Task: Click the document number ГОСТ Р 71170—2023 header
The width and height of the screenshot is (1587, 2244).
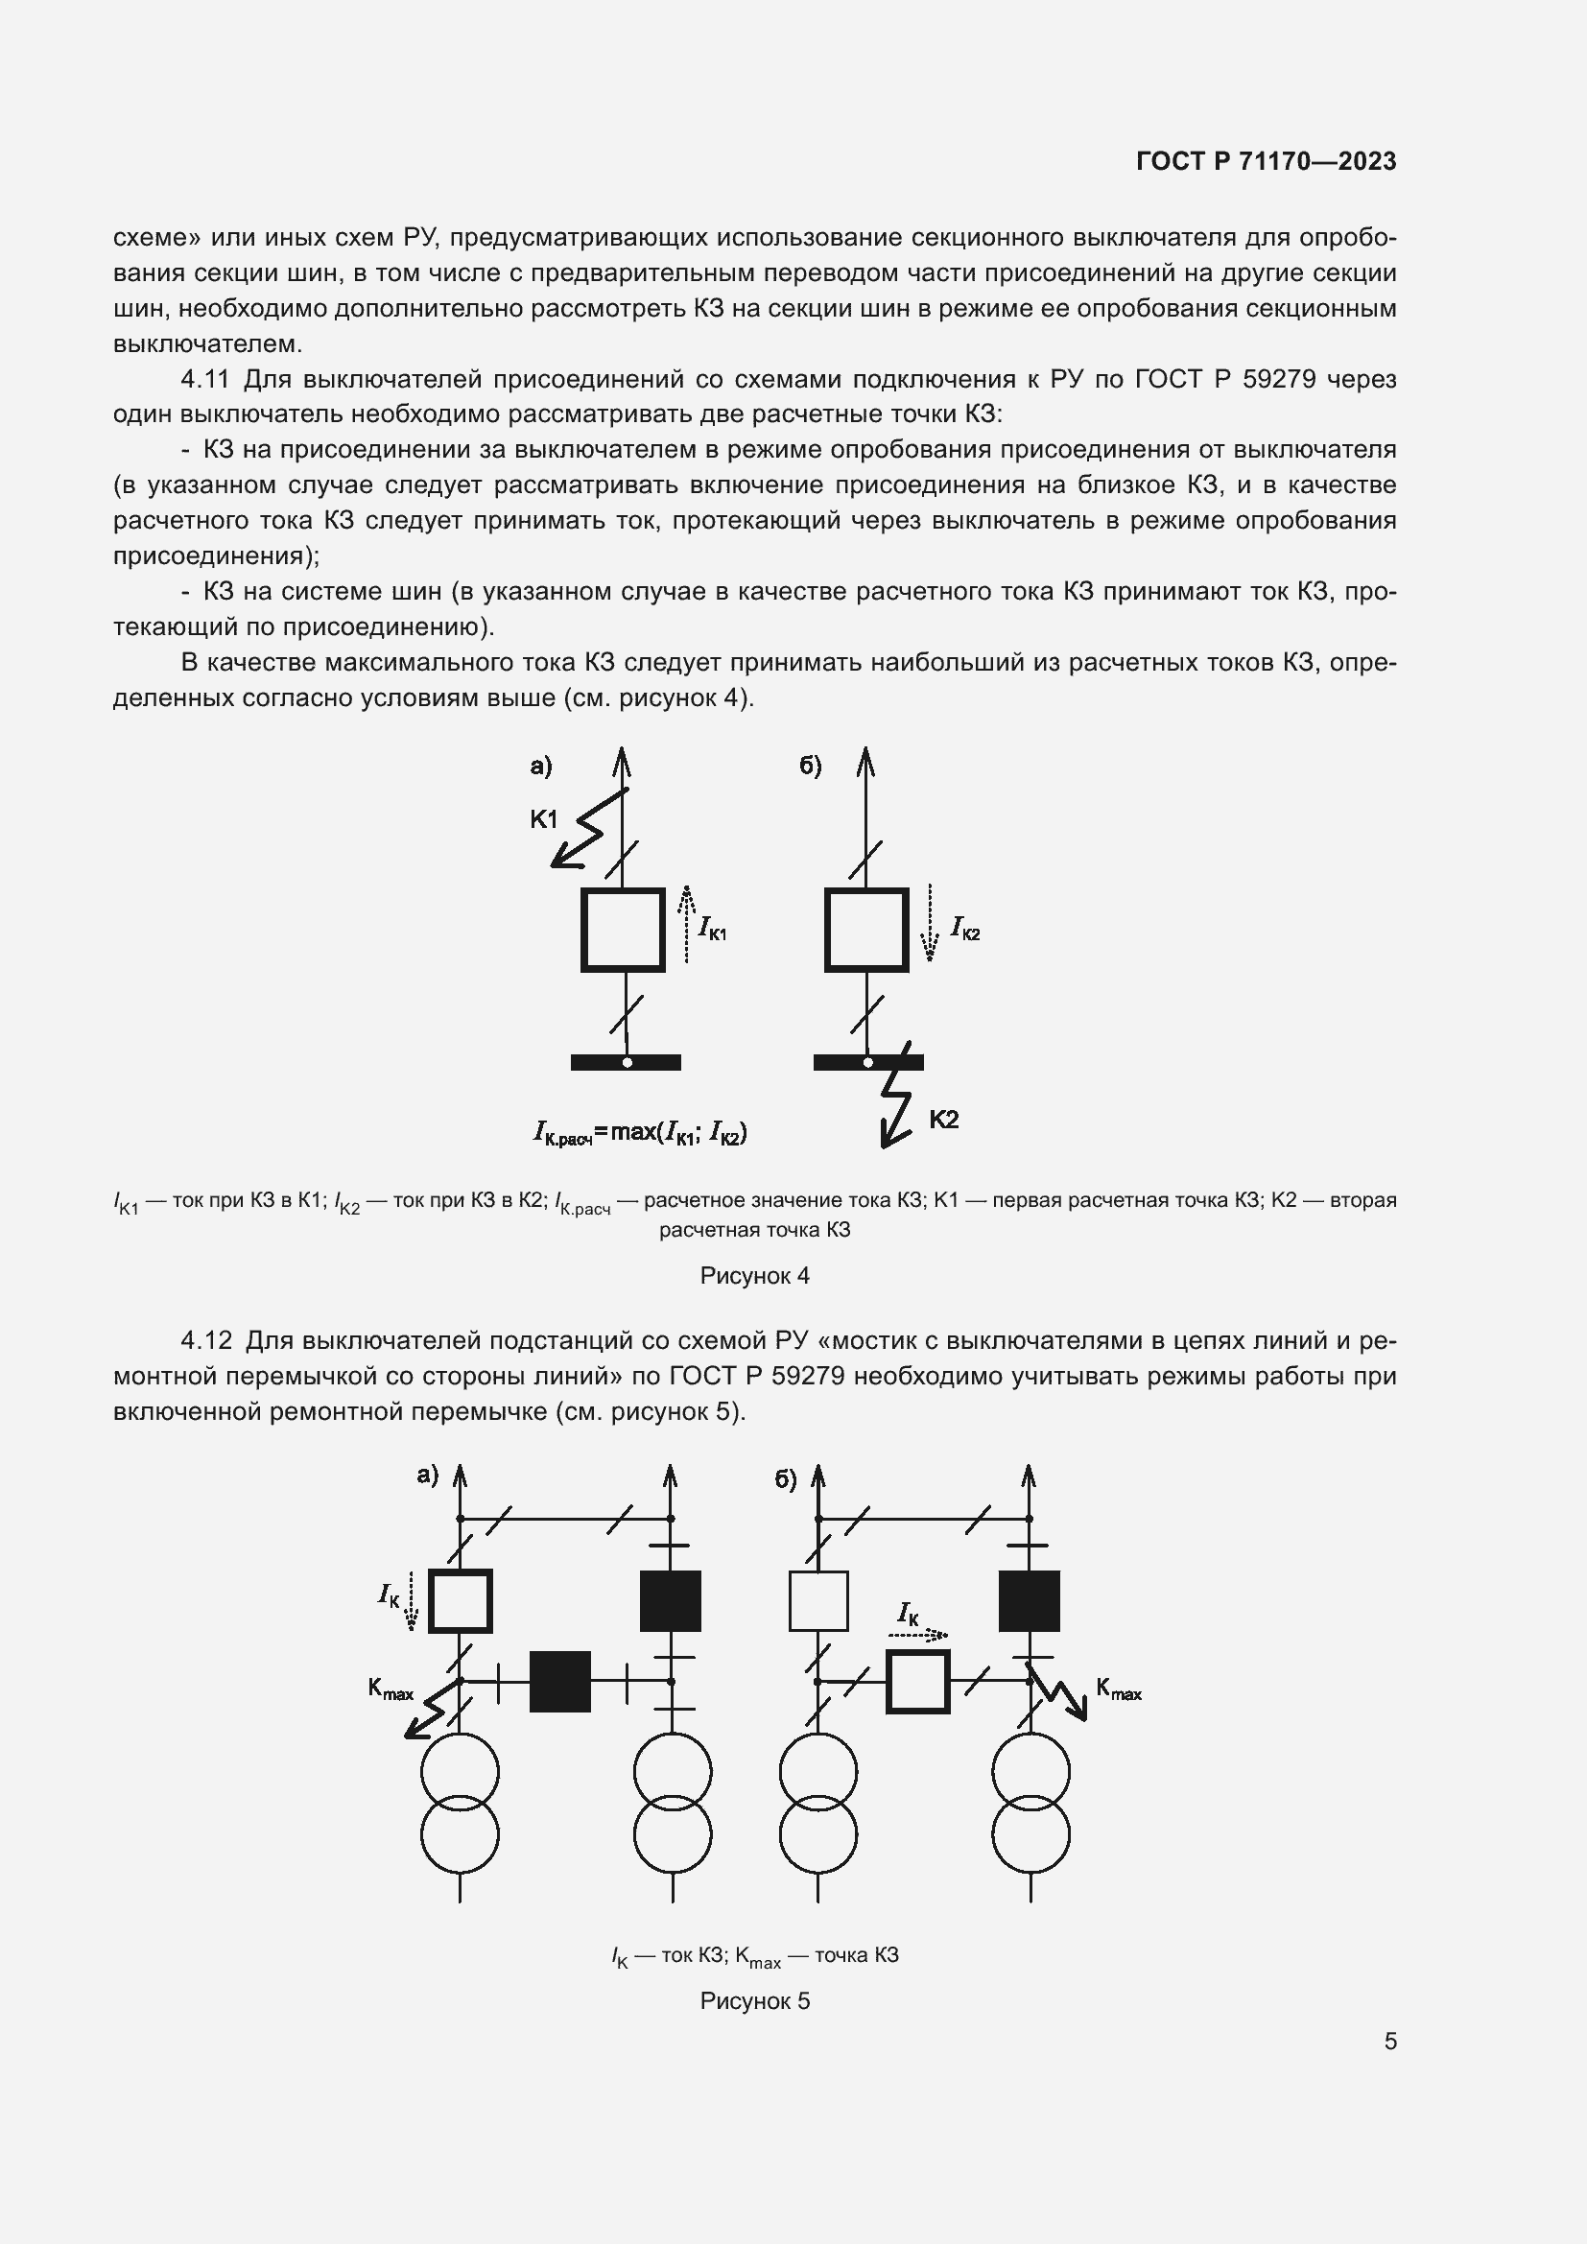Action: click(1267, 161)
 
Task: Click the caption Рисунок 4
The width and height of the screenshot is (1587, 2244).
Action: click(754, 1275)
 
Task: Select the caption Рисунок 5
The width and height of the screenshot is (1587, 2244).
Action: click(754, 2000)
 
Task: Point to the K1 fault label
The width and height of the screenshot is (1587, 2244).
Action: click(543, 819)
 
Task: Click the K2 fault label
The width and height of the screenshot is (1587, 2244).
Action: click(943, 1119)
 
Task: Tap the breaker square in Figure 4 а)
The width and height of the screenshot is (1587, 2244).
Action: click(623, 930)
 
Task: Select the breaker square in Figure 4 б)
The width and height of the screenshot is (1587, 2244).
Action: click(865, 930)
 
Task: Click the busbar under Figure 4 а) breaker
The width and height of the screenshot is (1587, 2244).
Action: click(626, 1062)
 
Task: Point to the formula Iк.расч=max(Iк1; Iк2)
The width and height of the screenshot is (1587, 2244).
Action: click(640, 1133)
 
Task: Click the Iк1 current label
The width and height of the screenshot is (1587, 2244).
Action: click(712, 929)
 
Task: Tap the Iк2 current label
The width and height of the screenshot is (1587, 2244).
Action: click(965, 929)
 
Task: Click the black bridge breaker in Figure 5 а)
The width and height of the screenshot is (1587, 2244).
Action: click(560, 1681)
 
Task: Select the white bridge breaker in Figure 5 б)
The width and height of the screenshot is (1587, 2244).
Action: click(917, 1681)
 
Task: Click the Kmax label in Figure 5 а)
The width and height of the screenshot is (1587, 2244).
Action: click(390, 1689)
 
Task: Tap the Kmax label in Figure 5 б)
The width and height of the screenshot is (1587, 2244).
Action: click(1119, 1689)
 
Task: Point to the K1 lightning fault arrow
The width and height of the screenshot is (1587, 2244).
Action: click(587, 830)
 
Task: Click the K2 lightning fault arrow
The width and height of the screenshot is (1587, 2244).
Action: click(897, 1099)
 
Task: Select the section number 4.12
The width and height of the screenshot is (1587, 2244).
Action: click(206, 1341)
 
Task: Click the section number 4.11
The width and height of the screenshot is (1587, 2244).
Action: click(204, 379)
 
